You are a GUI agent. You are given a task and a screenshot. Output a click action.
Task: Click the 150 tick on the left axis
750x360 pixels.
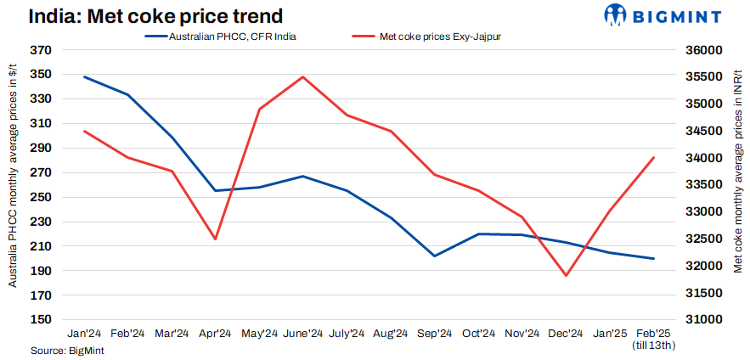40,320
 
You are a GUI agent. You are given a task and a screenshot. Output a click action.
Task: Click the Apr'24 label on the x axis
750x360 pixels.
215,334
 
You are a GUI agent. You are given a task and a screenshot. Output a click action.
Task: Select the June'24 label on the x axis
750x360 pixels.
303,334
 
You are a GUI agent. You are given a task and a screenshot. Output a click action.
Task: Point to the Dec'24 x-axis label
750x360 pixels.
566,334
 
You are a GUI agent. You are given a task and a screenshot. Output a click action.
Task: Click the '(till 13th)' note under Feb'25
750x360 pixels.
653,346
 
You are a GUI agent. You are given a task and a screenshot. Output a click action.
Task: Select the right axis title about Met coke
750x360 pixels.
736,185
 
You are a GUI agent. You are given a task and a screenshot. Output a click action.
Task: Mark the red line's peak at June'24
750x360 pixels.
303,77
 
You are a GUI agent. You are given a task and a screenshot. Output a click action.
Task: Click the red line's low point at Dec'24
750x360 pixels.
566,275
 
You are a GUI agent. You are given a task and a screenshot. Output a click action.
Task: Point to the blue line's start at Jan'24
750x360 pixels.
84,77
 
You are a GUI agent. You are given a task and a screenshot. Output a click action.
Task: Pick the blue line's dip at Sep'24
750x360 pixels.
435,256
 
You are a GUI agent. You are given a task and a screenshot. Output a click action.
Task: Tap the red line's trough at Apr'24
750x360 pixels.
215,239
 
